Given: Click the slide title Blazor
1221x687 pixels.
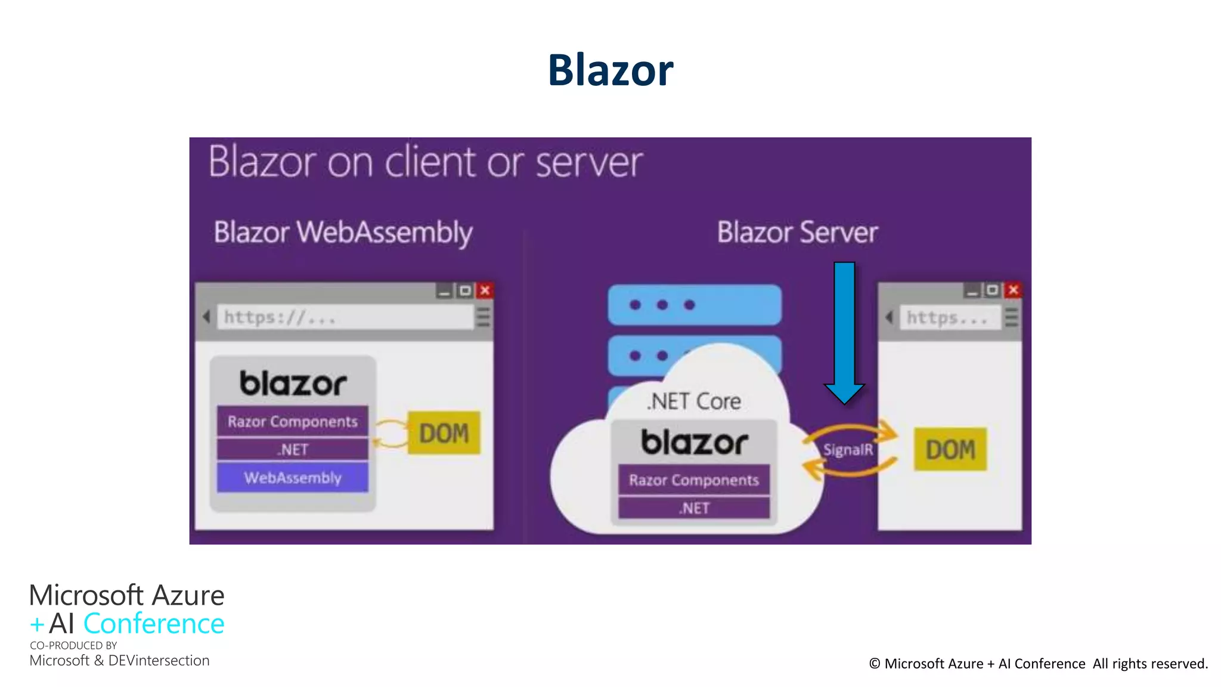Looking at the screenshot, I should click(x=610, y=70).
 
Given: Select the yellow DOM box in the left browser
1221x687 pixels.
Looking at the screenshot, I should click(x=444, y=433).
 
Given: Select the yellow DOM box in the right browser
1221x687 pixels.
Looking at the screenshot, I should click(x=950, y=449).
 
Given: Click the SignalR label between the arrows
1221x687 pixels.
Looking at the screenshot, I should click(x=848, y=450).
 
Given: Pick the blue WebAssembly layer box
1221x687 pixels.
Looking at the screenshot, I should click(x=292, y=478).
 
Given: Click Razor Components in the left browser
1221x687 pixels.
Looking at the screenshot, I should click(x=292, y=422).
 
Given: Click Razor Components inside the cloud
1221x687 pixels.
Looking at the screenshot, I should click(x=694, y=480).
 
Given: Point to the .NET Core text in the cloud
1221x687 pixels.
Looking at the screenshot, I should click(x=694, y=401).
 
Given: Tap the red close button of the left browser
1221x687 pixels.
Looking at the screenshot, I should click(x=485, y=290).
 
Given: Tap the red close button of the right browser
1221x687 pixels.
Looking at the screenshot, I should click(x=1013, y=290).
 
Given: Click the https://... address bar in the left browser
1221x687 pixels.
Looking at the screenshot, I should click(x=345, y=317).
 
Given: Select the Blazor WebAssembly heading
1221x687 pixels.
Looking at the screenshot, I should click(x=343, y=233).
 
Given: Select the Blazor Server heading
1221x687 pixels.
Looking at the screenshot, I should click(x=797, y=233).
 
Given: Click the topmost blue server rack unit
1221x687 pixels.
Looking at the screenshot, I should click(x=694, y=305).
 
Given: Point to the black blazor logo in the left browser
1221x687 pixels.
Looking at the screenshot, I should click(x=292, y=383).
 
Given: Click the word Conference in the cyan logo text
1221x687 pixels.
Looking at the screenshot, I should click(x=154, y=624).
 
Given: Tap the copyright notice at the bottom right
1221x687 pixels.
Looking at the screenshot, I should click(x=1038, y=664).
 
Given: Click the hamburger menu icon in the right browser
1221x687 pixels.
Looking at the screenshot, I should click(x=1011, y=317).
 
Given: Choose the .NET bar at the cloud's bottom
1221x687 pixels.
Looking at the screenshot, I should click(x=694, y=508).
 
